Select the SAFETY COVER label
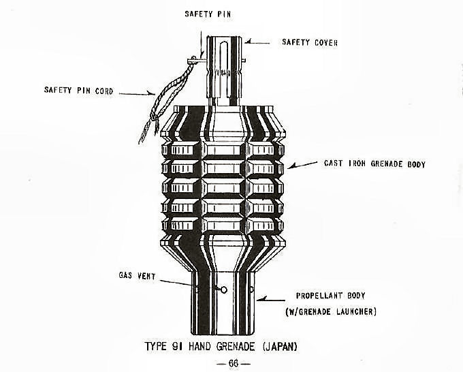click(310, 42)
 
